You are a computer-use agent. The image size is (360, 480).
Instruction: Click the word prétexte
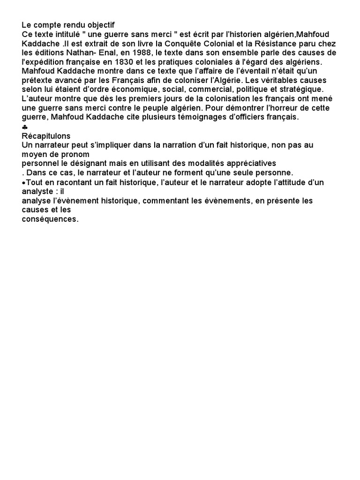38,80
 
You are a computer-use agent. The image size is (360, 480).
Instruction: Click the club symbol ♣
25,127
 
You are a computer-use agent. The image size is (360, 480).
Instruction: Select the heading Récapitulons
46,136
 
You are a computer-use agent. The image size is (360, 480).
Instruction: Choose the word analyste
37,191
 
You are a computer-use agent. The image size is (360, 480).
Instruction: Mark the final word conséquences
50,218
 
